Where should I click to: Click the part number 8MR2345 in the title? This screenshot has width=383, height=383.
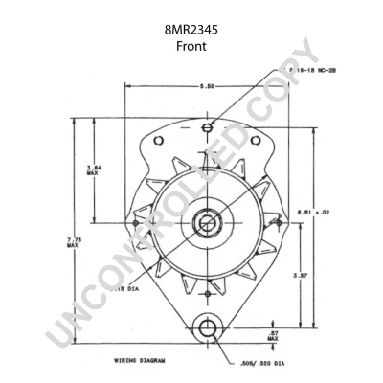(x=191, y=30)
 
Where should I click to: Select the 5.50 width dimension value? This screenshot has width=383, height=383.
(x=204, y=87)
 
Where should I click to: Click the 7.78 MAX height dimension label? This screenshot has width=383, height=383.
(x=73, y=242)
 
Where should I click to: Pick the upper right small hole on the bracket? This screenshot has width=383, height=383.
(x=255, y=143)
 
